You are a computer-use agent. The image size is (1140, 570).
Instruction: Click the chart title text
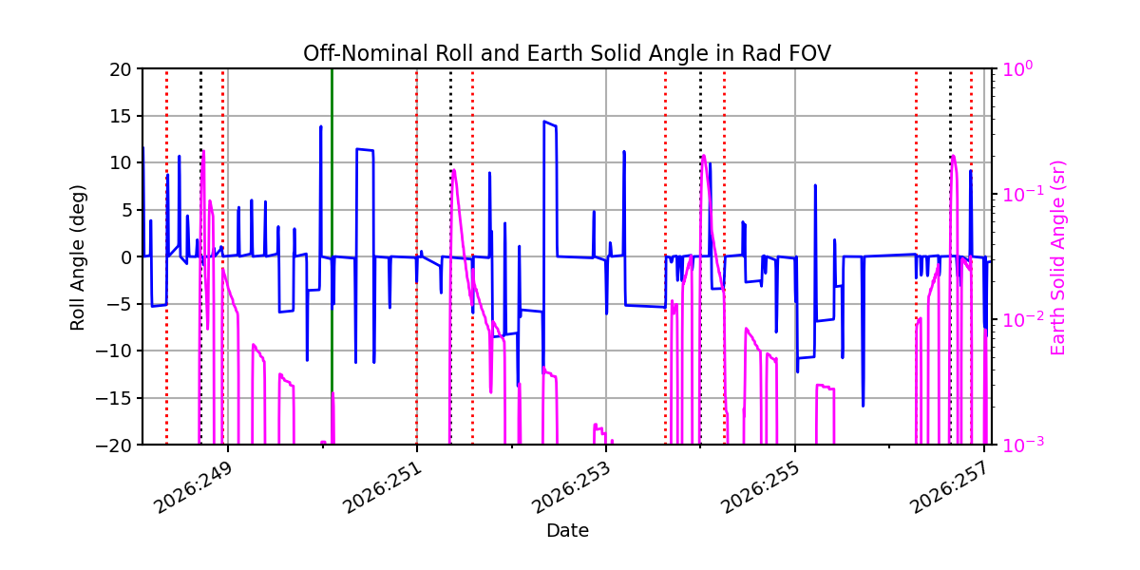coord(567,53)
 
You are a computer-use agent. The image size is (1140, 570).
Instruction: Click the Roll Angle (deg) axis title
coord(77,257)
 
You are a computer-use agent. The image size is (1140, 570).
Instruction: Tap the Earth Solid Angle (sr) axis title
coord(1057,257)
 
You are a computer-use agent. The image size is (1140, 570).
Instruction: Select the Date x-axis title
coord(567,531)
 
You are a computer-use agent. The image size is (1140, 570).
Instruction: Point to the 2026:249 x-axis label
coord(195,488)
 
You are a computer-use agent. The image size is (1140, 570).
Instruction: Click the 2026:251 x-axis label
coord(383,488)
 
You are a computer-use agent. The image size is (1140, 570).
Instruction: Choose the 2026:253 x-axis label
coord(572,488)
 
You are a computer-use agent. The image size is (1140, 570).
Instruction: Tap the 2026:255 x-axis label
coord(761,488)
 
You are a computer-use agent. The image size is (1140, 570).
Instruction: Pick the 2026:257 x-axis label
coord(950,488)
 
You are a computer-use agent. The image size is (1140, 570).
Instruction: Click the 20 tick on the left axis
coord(120,69)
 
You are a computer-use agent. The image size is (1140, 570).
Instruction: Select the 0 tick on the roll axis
coord(125,257)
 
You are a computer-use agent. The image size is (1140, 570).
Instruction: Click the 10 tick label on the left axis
coord(120,162)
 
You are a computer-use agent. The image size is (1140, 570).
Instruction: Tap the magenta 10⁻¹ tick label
coord(1023,194)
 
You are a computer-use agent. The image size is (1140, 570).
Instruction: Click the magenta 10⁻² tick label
coord(1023,319)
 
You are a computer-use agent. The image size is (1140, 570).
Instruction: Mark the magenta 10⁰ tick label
coord(1017,68)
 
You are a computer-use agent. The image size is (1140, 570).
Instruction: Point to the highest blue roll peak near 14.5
coord(544,122)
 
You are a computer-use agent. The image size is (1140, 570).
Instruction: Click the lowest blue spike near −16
coord(864,406)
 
